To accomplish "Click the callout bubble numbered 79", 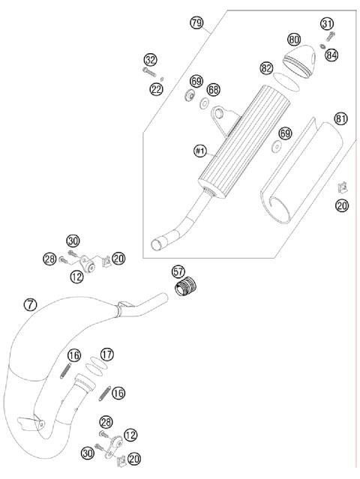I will point(197,25).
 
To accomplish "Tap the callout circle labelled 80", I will point(294,38).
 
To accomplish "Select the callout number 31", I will point(327,24).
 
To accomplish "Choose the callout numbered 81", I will point(341,119).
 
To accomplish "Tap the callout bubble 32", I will point(151,59).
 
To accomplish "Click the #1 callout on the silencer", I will point(199,151).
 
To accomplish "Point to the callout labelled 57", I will point(178,270).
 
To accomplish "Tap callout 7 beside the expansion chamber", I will point(30,304).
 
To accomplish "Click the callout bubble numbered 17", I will point(107,353).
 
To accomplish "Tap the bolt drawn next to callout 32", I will point(147,72).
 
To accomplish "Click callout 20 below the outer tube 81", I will point(342,205).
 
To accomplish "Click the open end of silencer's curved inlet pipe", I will point(158,244).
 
